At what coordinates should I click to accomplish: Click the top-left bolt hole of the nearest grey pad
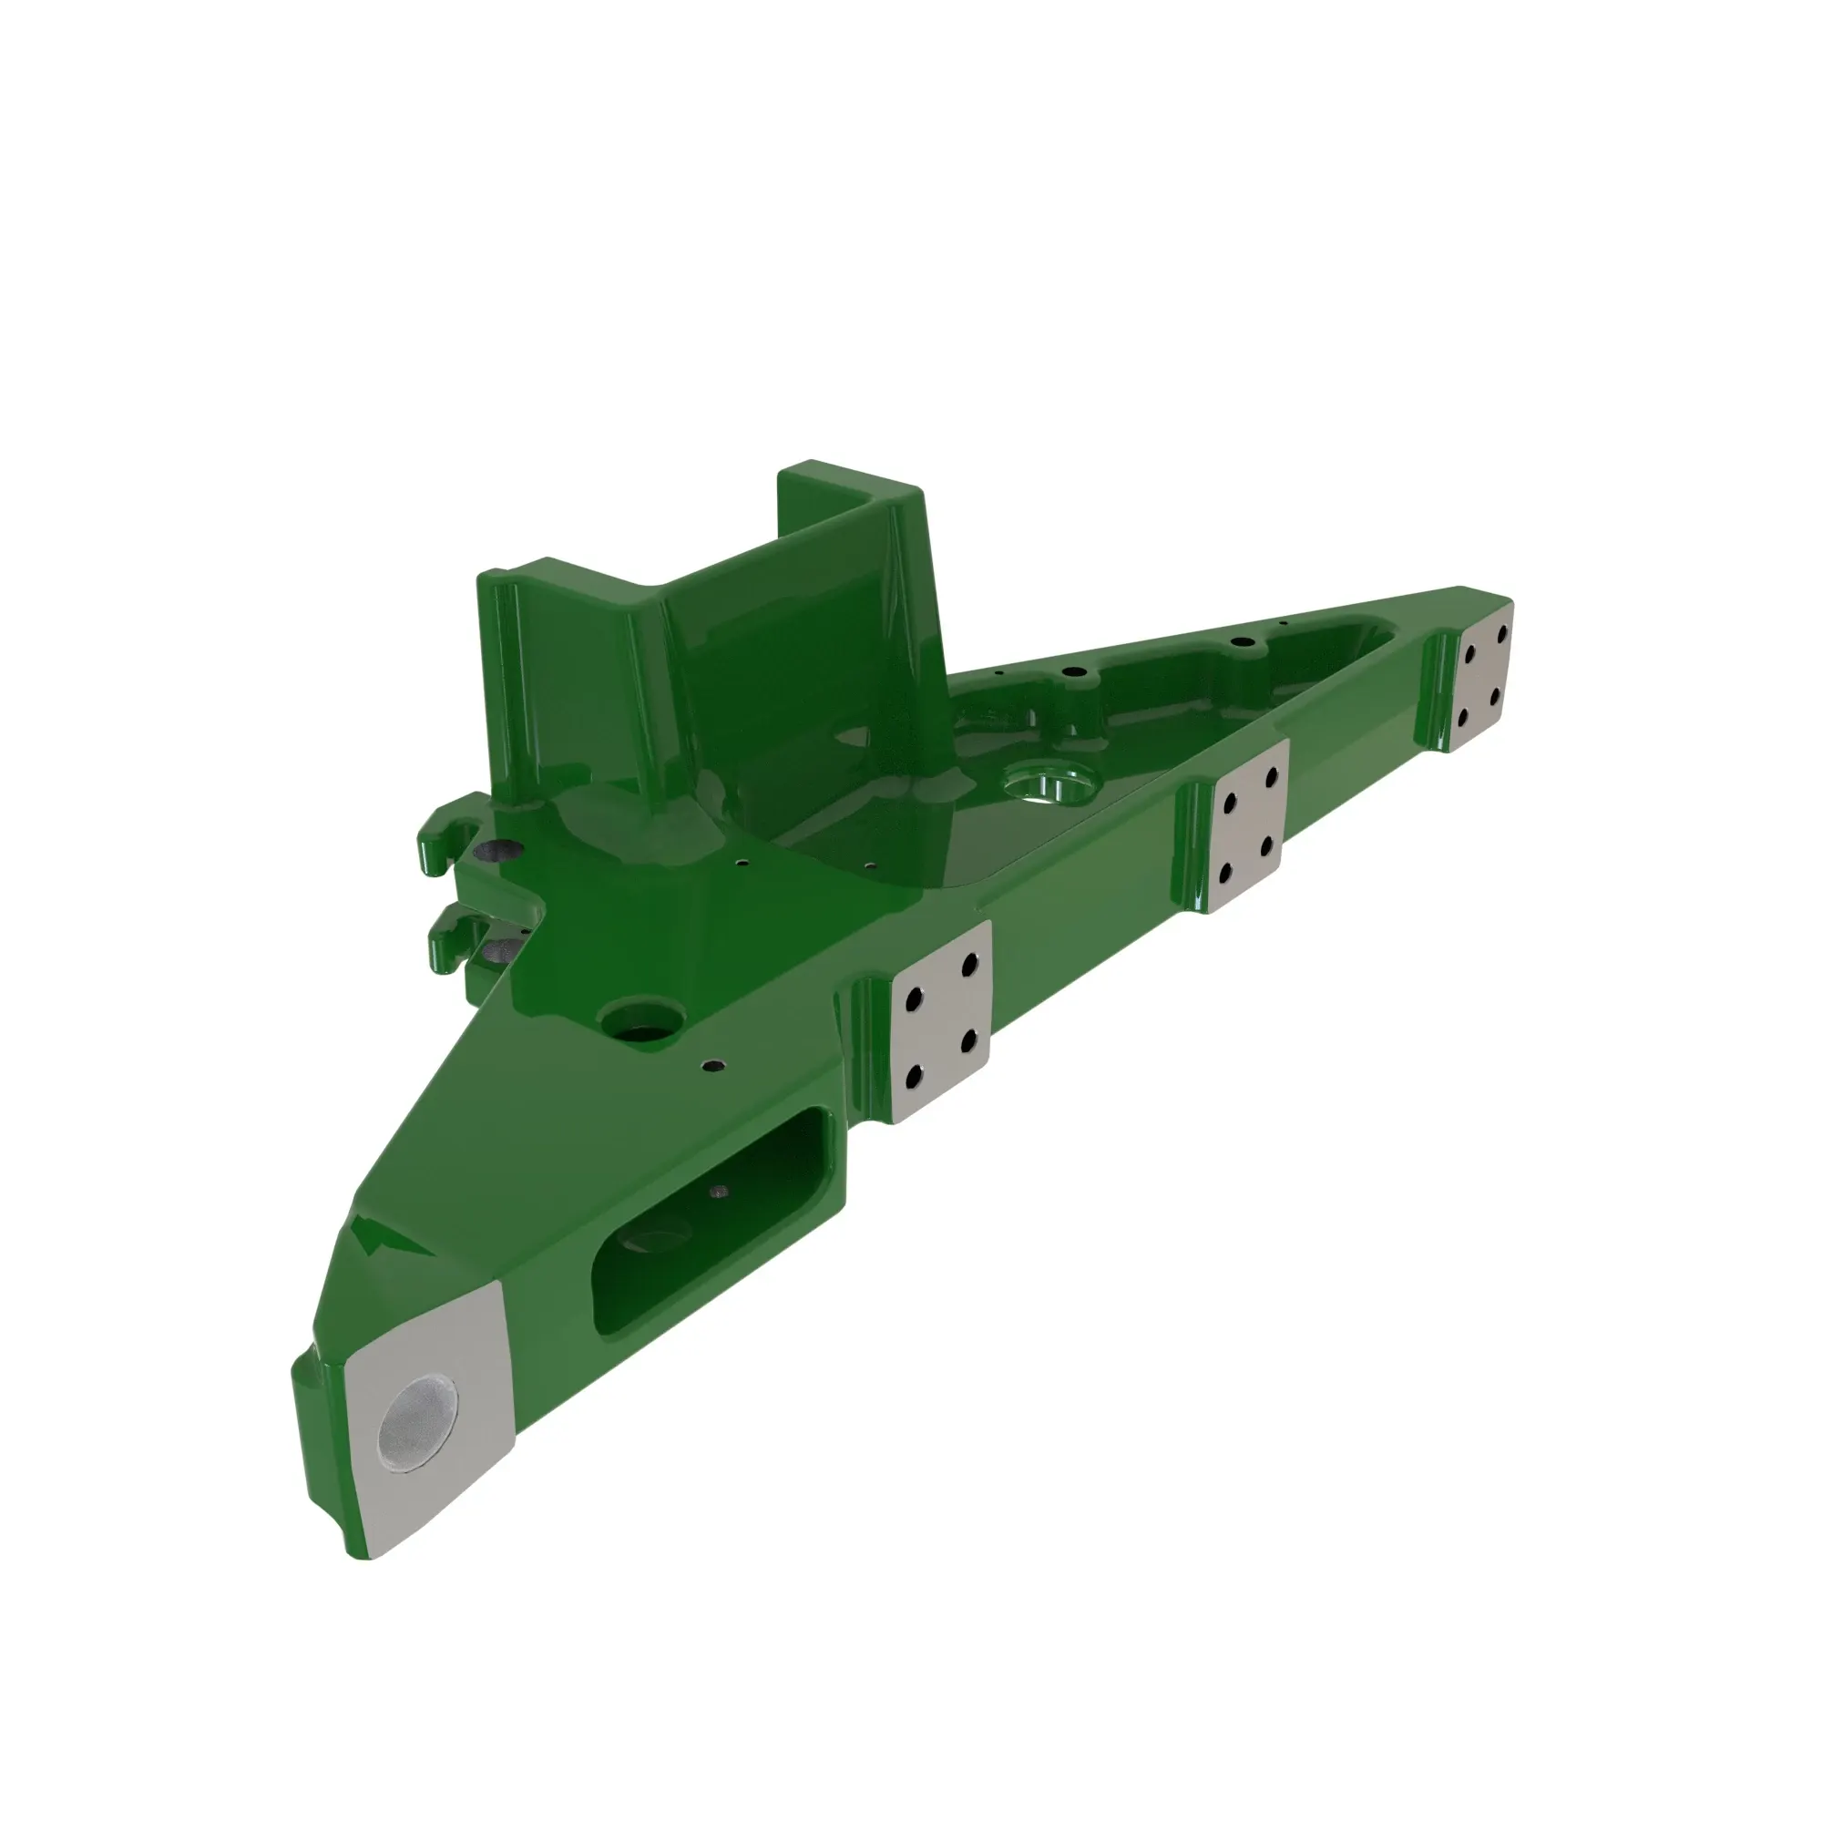pos(912,1001)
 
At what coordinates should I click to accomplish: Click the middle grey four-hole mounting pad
pos(1248,824)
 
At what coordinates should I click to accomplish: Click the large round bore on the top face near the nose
pos(646,1022)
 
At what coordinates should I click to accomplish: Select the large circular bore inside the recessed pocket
pos(1049,783)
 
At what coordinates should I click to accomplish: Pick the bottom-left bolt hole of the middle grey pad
pos(1224,875)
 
